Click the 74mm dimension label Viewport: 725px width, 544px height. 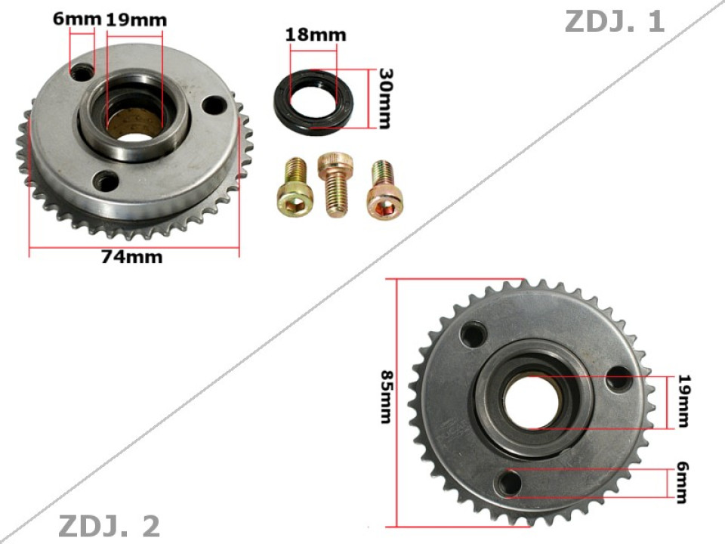click(132, 257)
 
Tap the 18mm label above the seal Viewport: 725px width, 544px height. click(315, 35)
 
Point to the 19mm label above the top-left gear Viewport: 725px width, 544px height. click(135, 19)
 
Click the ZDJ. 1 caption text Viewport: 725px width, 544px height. click(614, 22)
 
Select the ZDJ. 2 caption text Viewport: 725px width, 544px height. click(110, 526)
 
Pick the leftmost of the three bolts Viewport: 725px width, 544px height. click(293, 188)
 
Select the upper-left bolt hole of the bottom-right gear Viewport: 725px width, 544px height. click(474, 332)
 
